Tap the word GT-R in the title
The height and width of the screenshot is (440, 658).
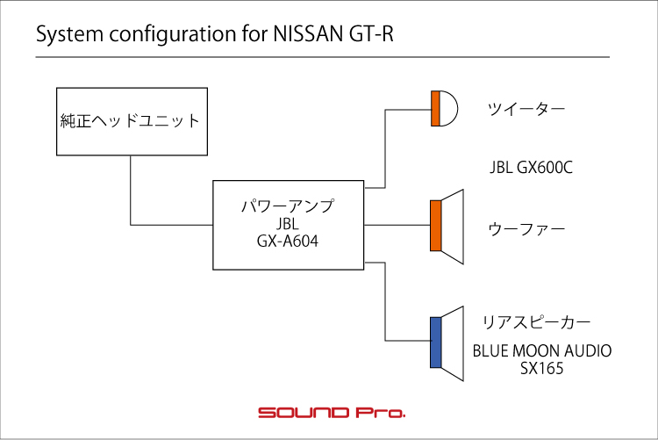pos(371,33)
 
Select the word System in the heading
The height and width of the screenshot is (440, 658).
pos(69,34)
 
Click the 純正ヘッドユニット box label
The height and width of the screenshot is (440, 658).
pos(130,121)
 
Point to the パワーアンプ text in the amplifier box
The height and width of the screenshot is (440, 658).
pos(288,206)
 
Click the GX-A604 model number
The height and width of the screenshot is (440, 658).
pos(288,242)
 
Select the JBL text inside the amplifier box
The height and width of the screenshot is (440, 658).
pos(288,224)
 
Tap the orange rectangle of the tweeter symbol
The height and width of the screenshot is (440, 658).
pos(435,108)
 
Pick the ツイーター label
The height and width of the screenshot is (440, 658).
pos(526,109)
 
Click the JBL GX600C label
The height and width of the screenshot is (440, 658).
pos(531,168)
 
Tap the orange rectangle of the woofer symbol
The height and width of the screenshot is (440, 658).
pos(435,226)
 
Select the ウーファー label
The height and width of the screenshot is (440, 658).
pos(526,229)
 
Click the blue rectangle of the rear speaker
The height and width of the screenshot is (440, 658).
pos(435,343)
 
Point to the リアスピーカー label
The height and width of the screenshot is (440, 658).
pos(536,322)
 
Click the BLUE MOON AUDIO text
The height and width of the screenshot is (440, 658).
pos(542,351)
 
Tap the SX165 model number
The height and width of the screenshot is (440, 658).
pos(542,369)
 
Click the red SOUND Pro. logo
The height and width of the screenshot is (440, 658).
pos(332,412)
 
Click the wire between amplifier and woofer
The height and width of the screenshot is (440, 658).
pos(397,225)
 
